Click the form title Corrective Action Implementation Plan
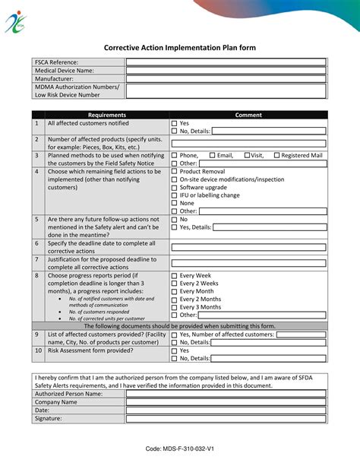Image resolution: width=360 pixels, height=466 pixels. tap(180, 47)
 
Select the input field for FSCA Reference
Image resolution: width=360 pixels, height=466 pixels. tap(226, 62)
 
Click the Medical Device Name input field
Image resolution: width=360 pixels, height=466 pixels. tap(226, 71)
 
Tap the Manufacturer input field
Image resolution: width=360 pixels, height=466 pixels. tap(226, 79)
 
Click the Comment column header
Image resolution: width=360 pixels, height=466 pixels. tap(248, 115)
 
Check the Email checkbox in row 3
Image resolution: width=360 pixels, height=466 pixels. tap(213, 155)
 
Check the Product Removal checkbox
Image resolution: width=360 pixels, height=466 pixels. tap(175, 172)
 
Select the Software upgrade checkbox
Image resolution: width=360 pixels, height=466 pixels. tap(175, 187)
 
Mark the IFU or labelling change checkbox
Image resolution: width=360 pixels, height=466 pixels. tap(175, 195)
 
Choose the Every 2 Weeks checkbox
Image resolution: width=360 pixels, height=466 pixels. tap(175, 284)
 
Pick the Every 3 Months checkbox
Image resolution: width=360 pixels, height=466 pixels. tap(175, 307)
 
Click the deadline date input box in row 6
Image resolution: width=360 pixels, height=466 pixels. tap(248, 247)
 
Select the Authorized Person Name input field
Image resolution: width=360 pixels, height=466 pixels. tap(226, 394)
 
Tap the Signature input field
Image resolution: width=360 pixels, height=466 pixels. tap(226, 419)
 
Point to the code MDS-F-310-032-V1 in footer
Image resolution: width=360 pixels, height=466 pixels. tap(179, 449)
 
